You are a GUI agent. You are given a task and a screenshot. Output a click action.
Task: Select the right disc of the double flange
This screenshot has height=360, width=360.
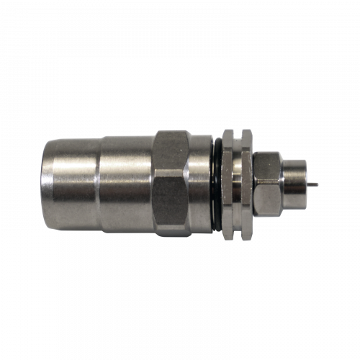(x=246, y=184)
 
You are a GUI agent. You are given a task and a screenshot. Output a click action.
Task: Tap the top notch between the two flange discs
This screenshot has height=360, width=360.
(x=237, y=134)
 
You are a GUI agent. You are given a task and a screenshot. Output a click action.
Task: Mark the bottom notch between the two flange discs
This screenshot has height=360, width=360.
(x=237, y=235)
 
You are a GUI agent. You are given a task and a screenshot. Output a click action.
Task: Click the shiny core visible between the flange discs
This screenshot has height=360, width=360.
(x=237, y=184)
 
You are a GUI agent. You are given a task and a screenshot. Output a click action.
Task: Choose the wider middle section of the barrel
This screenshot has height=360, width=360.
(x=126, y=184)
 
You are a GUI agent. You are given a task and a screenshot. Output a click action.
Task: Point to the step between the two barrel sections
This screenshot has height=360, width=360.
(x=99, y=184)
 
